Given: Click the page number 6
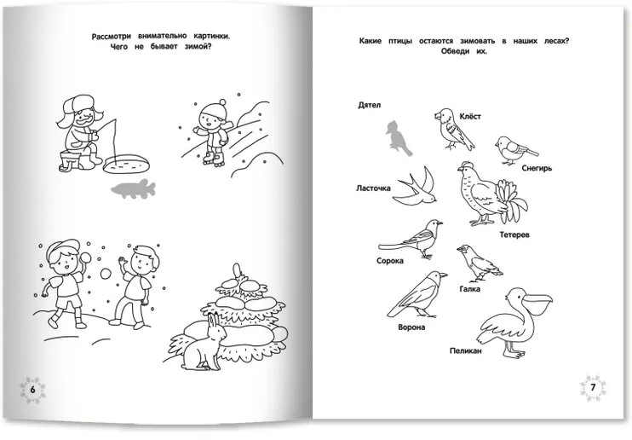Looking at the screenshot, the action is (x=33, y=390).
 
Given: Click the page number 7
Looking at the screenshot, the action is (x=593, y=388).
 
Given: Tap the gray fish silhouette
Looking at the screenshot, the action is (x=133, y=189).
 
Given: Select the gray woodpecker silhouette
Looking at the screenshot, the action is (x=399, y=138).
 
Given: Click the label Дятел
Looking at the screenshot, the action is (x=369, y=105).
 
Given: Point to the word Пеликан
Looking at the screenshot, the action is (x=466, y=350).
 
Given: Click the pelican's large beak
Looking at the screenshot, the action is (x=537, y=302).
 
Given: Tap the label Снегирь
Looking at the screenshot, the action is (x=537, y=168).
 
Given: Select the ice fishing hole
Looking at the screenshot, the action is (x=127, y=164).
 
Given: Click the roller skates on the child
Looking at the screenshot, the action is (x=214, y=159).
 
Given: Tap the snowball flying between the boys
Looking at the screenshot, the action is (x=106, y=274).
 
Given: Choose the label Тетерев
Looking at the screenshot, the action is (x=514, y=234).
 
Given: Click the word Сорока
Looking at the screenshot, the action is (x=390, y=261).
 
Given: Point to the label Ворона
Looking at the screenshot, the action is (x=411, y=327).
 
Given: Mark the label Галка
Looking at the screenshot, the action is (x=469, y=289).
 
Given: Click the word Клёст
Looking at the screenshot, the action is (x=470, y=117).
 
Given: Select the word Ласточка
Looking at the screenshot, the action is (x=373, y=188).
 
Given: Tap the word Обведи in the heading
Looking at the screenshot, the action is (x=455, y=51).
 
